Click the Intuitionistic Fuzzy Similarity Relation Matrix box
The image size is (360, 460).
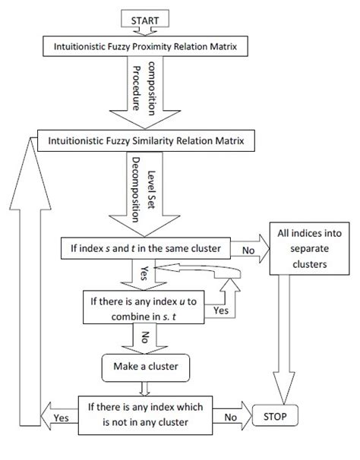[x=145, y=140]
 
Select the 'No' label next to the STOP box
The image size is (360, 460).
[x=230, y=417]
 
